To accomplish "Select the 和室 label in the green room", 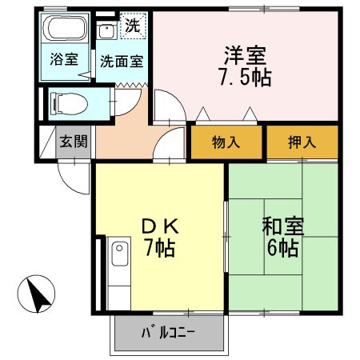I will click(279, 226).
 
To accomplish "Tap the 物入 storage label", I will click(226, 143).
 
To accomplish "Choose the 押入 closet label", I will click(302, 143).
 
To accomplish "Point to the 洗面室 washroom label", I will click(120, 60).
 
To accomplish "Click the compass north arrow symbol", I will click(37, 294).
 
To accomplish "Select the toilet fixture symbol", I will click(67, 102).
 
